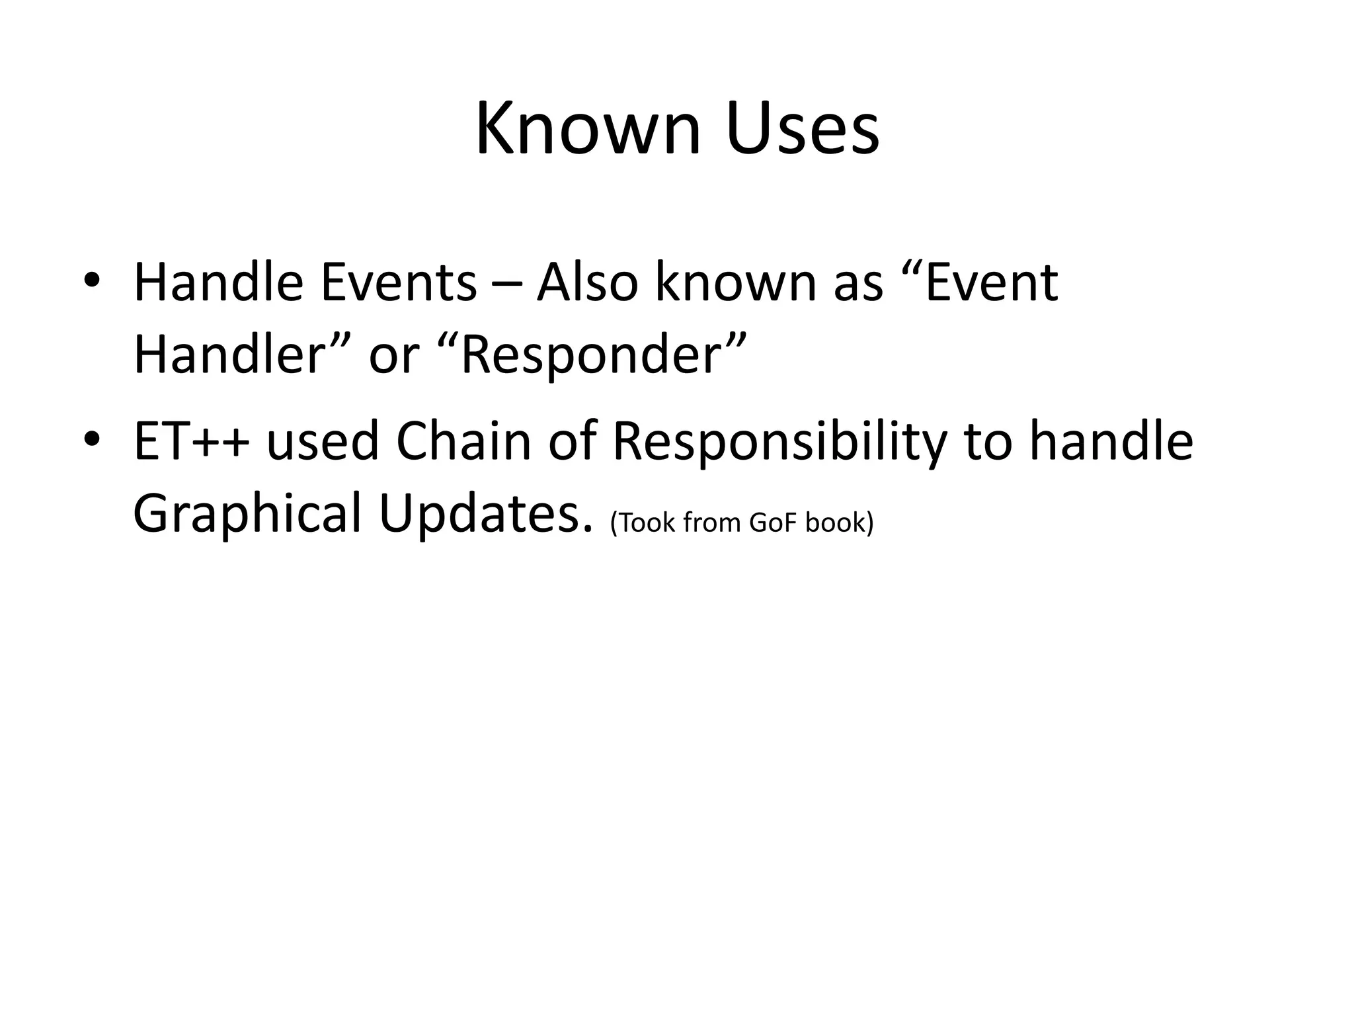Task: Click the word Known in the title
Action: tap(588, 129)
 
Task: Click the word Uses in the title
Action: tap(802, 129)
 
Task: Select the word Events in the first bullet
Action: tap(399, 282)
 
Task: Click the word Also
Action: tap(588, 282)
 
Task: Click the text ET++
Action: tap(192, 442)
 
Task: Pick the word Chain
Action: tap(463, 442)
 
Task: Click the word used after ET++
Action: tap(323, 442)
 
